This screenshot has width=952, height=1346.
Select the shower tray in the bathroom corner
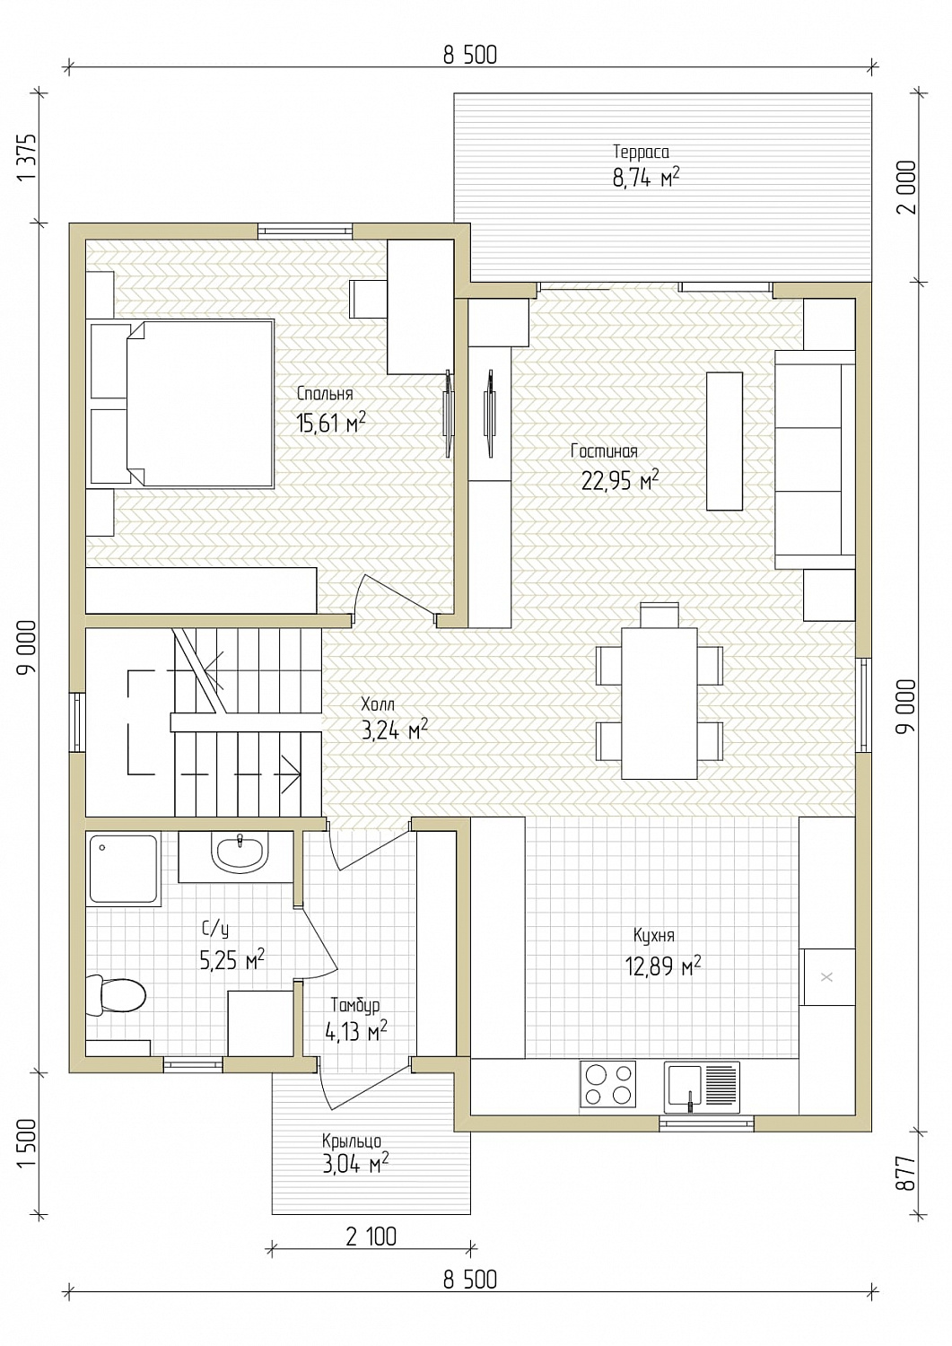click(124, 870)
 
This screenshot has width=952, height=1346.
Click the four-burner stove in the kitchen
click(607, 1084)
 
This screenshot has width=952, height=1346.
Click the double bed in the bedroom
click(182, 402)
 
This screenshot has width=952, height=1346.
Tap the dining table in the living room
click(659, 703)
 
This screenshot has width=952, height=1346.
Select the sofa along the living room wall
click(815, 459)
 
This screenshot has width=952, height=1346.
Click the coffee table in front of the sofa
click(724, 441)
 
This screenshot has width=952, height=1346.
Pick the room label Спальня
click(325, 394)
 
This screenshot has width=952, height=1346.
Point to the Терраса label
click(641, 152)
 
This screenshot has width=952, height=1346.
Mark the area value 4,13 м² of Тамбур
click(356, 1032)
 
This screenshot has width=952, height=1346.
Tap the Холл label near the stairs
click(378, 703)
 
